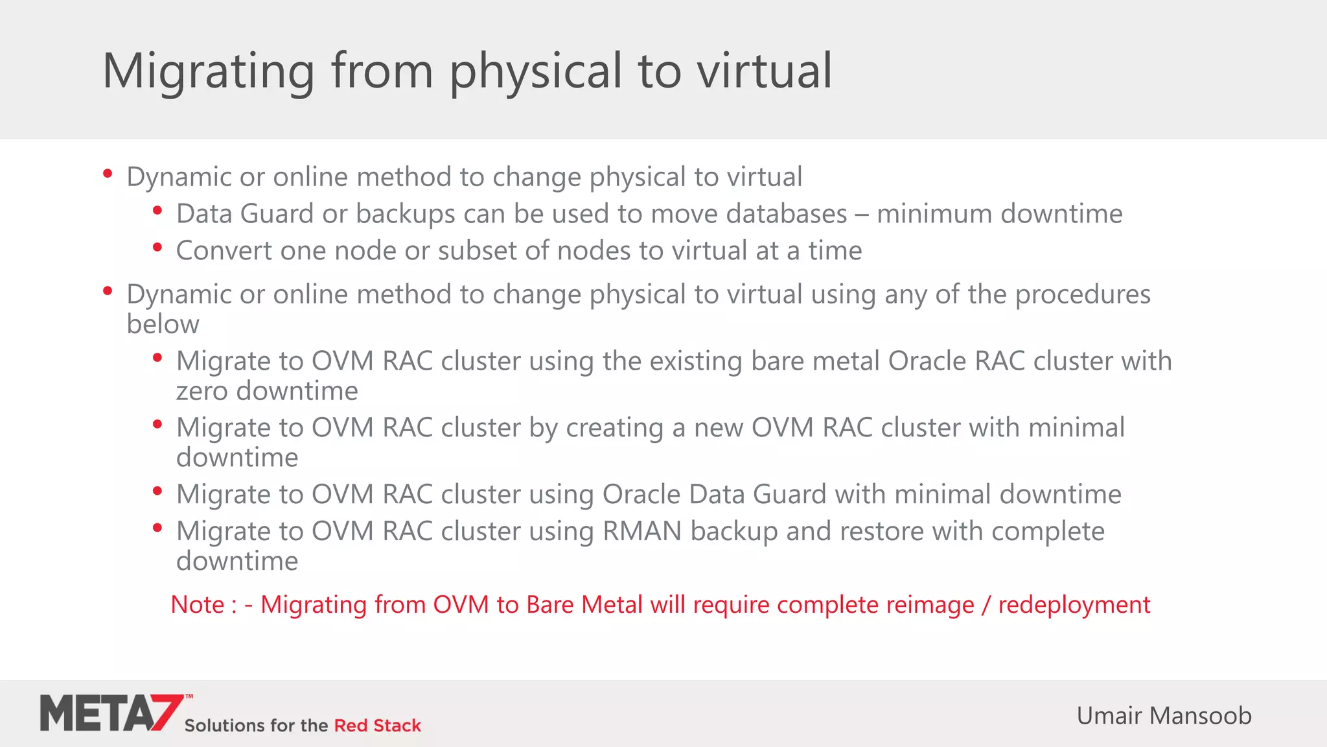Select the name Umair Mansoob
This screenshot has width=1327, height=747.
pos(1164,716)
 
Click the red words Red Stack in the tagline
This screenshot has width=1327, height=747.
pos(377,726)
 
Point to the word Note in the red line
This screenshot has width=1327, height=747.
pos(197,605)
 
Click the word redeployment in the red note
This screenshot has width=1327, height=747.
pos(1074,605)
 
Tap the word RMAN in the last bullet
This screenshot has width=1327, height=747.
pos(641,532)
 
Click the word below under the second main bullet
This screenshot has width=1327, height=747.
pos(163,324)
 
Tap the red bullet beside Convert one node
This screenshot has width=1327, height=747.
pos(157,247)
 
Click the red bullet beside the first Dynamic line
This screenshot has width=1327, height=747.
pos(108,174)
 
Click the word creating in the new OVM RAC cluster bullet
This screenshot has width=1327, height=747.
pos(615,429)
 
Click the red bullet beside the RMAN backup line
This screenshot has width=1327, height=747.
pos(157,528)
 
